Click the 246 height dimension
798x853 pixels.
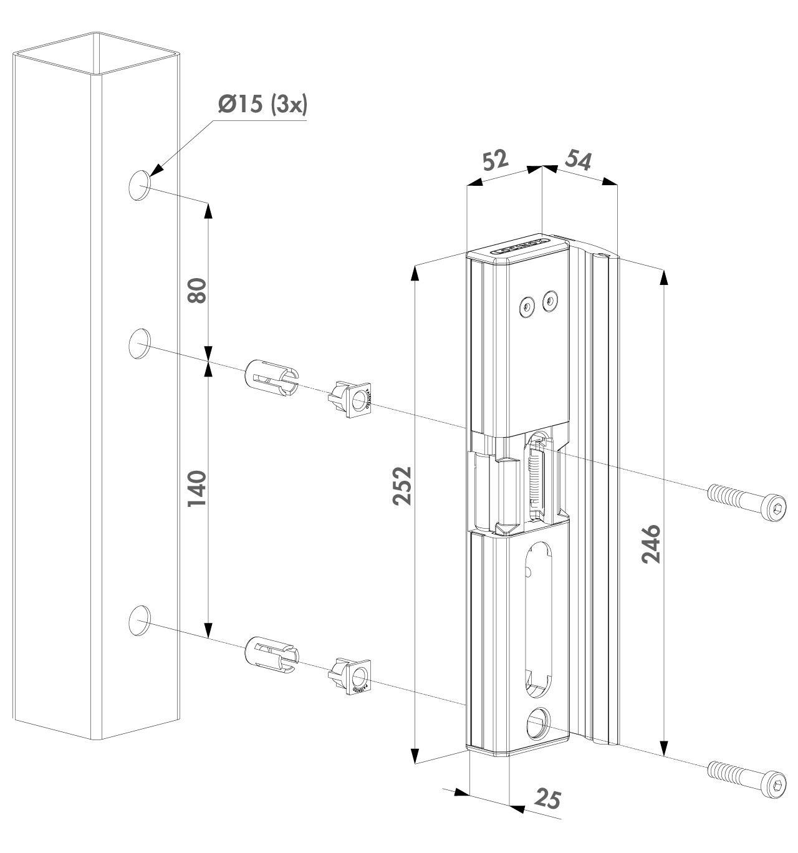pyautogui.click(x=651, y=544)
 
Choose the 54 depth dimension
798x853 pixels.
pyautogui.click(x=577, y=160)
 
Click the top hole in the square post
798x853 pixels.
pyautogui.click(x=140, y=185)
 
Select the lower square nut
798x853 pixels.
pyautogui.click(x=353, y=676)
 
